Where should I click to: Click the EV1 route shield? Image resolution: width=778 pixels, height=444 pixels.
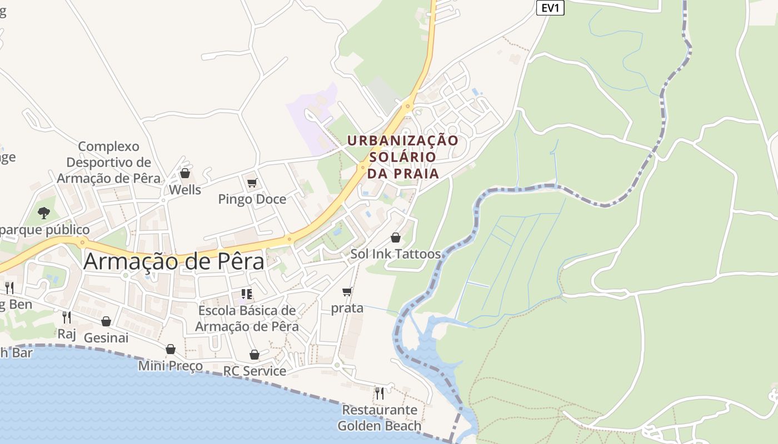point(550,8)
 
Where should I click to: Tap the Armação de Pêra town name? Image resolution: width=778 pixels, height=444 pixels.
point(174,261)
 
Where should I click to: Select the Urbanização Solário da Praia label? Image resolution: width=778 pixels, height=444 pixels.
point(403,157)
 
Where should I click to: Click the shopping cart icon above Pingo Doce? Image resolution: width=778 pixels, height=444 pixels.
point(252,183)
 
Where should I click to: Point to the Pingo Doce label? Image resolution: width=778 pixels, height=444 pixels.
point(252,199)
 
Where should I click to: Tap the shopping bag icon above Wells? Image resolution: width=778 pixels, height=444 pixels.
point(185,174)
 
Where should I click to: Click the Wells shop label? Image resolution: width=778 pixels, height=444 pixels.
point(185,190)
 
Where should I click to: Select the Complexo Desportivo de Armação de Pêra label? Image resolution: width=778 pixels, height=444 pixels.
point(108,163)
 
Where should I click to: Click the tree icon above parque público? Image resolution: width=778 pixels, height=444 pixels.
point(44,213)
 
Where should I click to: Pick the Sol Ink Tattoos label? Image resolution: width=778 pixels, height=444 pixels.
point(395,254)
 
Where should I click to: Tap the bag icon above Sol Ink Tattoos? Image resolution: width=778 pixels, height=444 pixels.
point(396,238)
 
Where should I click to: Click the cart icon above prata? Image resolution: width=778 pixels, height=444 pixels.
point(347,291)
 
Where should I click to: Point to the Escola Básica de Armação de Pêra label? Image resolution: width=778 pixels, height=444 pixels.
point(247,319)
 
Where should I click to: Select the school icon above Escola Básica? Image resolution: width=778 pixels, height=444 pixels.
point(247,294)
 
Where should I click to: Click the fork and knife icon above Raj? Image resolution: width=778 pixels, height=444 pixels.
point(67,317)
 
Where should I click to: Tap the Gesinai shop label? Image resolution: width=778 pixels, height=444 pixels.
point(106,337)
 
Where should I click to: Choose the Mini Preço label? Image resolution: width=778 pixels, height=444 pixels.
point(170,366)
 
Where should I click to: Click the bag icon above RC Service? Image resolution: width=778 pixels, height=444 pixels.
point(255,355)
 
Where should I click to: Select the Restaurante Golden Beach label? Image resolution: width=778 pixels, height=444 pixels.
point(380,418)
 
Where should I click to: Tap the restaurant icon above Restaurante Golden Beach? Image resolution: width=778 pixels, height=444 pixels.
point(380,393)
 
